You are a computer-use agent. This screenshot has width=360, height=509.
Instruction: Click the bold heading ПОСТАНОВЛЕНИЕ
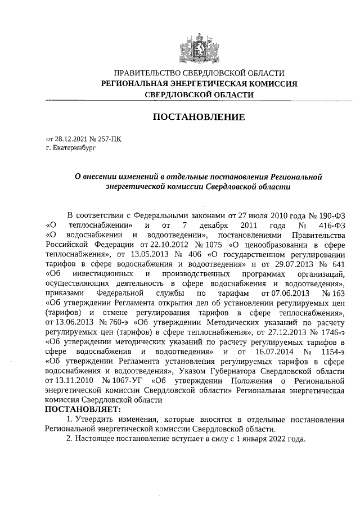coord(199,117)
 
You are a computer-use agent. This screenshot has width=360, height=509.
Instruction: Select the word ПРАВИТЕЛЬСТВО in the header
coord(148,73)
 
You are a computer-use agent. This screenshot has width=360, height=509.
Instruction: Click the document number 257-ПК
coord(109,139)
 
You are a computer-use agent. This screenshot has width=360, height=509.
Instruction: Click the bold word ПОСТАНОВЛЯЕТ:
coord(82,409)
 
